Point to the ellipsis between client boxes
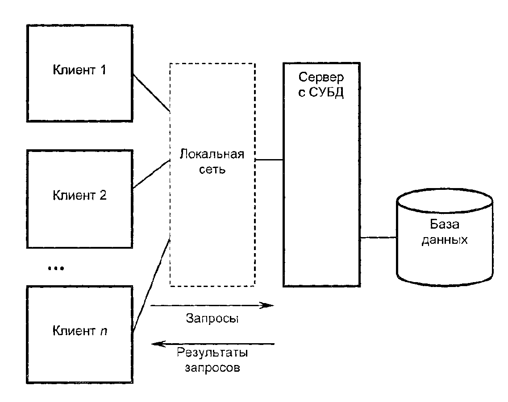[x=56, y=268]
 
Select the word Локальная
[x=212, y=155]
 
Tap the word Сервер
[x=321, y=77]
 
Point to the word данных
[x=445, y=240]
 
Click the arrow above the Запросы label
[x=212, y=306]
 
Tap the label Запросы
[x=212, y=319]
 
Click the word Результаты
[x=212, y=353]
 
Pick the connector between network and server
[x=269, y=159]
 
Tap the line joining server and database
[x=379, y=238]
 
